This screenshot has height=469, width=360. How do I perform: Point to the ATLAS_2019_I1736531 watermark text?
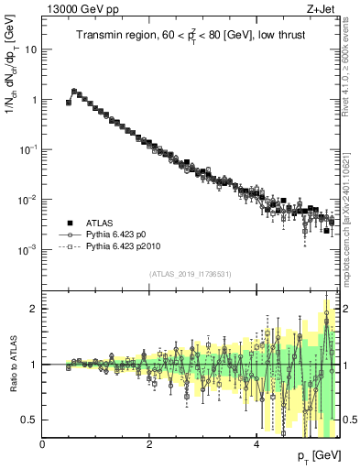tap(189, 274)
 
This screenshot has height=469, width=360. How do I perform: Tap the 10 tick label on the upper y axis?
tap(31, 49)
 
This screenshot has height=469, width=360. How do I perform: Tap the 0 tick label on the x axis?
tap(42, 442)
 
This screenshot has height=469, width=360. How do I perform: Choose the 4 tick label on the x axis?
tap(256, 442)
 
